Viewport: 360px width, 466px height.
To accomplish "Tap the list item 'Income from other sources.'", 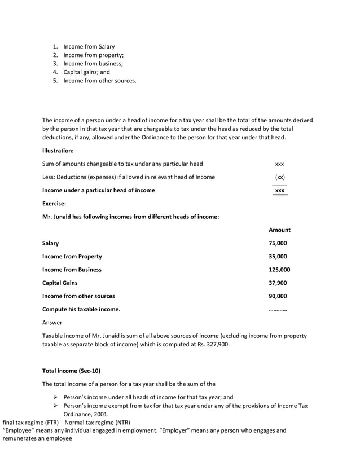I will tap(99, 81).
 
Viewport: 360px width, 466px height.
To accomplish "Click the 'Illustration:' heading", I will tap(58, 151).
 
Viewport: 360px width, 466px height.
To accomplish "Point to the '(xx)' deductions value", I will tap(279, 177).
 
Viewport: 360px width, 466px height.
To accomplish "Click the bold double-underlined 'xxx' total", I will tap(279, 191).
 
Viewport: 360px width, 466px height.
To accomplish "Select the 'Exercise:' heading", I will tap(54, 203).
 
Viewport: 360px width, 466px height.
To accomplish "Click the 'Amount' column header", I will tap(279, 230).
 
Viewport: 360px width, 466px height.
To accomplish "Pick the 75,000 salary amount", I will tap(278, 243).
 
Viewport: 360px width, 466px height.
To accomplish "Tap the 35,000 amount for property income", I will tap(278, 256).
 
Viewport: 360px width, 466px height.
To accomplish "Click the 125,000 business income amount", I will tap(279, 270).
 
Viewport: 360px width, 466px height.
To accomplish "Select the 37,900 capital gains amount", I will tap(278, 283).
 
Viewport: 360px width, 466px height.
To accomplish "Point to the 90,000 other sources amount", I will tap(278, 296).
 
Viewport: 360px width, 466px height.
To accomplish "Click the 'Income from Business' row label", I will tap(72, 270).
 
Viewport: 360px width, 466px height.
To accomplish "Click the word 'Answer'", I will tap(52, 323).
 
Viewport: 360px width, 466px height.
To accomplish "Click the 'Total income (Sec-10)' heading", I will tap(73, 371).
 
